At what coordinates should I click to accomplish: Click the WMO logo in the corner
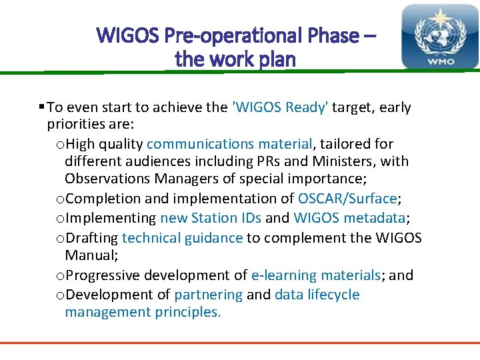point(439,37)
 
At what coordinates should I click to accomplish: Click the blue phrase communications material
point(229,144)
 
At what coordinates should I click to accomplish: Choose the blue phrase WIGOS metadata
point(349,218)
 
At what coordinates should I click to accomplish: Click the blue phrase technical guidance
point(182,238)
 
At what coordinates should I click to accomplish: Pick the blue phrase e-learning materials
point(315,275)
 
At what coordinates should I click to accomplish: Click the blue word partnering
point(208,295)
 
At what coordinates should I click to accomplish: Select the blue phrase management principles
point(142,312)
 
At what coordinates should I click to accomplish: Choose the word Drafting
point(93,238)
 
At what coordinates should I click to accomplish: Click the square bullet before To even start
point(41,107)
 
